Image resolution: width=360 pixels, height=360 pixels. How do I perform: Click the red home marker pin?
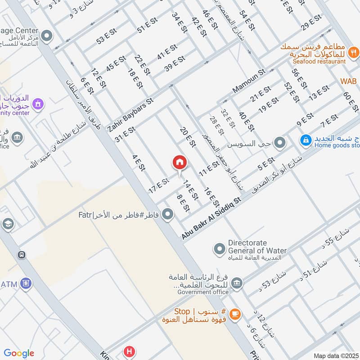pyautogui.click(x=180, y=163)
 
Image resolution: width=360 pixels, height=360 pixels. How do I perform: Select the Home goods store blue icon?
pyautogui.click(x=306, y=140)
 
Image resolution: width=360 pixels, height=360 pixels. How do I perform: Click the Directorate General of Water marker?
pyautogui.click(x=219, y=248)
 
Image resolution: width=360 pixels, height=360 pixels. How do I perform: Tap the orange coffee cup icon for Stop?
pyautogui.click(x=234, y=315)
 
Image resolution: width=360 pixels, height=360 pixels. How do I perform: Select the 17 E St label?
pyautogui.click(x=158, y=186)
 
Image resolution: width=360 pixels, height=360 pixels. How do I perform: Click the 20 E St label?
pyautogui.click(x=187, y=137)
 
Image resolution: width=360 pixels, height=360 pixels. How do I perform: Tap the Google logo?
pyautogui.click(x=19, y=353)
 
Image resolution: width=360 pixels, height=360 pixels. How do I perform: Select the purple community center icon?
pyautogui.click(x=39, y=104)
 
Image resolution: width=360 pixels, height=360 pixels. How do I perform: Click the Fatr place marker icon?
pyautogui.click(x=168, y=214)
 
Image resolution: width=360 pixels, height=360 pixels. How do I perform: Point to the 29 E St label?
pyautogui.click(x=311, y=22)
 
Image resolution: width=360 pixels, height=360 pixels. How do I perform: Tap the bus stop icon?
pyautogui.click(x=21, y=255)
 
